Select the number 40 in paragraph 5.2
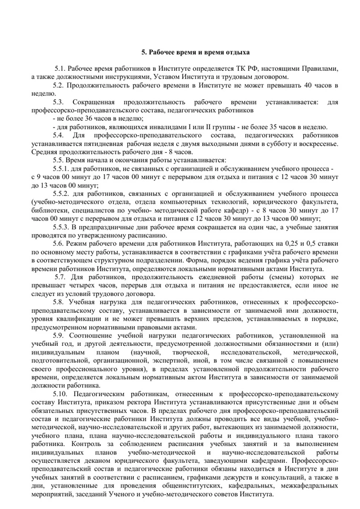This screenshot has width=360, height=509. pyautogui.click(x=308, y=85)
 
